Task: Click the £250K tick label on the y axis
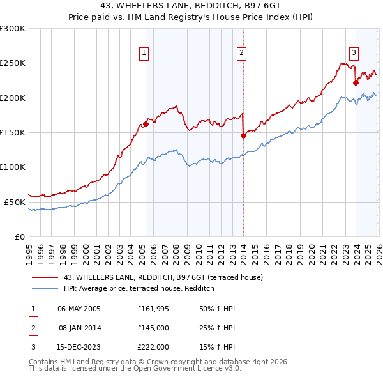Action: tap(13, 63)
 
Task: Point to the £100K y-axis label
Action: tap(13, 167)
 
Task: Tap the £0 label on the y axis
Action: tap(19, 236)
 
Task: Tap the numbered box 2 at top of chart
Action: tap(242, 53)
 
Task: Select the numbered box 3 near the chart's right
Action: tap(354, 53)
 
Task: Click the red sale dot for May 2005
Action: tap(146, 125)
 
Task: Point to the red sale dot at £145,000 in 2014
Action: tap(243, 135)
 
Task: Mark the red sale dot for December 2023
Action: tap(356, 82)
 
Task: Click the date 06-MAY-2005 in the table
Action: tap(79, 309)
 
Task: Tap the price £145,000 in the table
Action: tap(153, 328)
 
